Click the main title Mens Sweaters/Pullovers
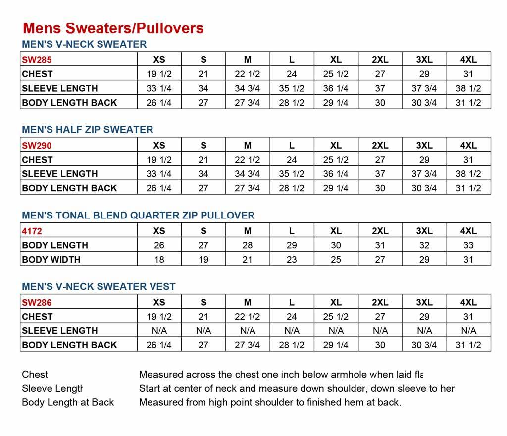coord(113,28)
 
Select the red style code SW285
coord(37,60)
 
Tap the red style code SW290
coord(37,146)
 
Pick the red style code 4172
coord(32,231)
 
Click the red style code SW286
coord(37,303)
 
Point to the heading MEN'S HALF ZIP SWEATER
coord(88,130)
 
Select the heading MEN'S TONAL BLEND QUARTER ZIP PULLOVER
coord(138,216)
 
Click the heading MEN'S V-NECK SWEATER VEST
coord(99,287)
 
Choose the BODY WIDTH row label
coord(51,259)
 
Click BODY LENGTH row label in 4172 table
coord(55,245)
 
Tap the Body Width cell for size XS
coord(159,259)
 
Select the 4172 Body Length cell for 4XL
coord(468,245)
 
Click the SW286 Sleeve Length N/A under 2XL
coord(380,331)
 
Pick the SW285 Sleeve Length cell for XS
coord(159,89)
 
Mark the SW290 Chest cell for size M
coord(248,160)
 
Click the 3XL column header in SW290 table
coord(424,146)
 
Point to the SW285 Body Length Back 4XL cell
coord(468,103)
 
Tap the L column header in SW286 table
coord(292,303)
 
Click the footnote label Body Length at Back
coord(68,402)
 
